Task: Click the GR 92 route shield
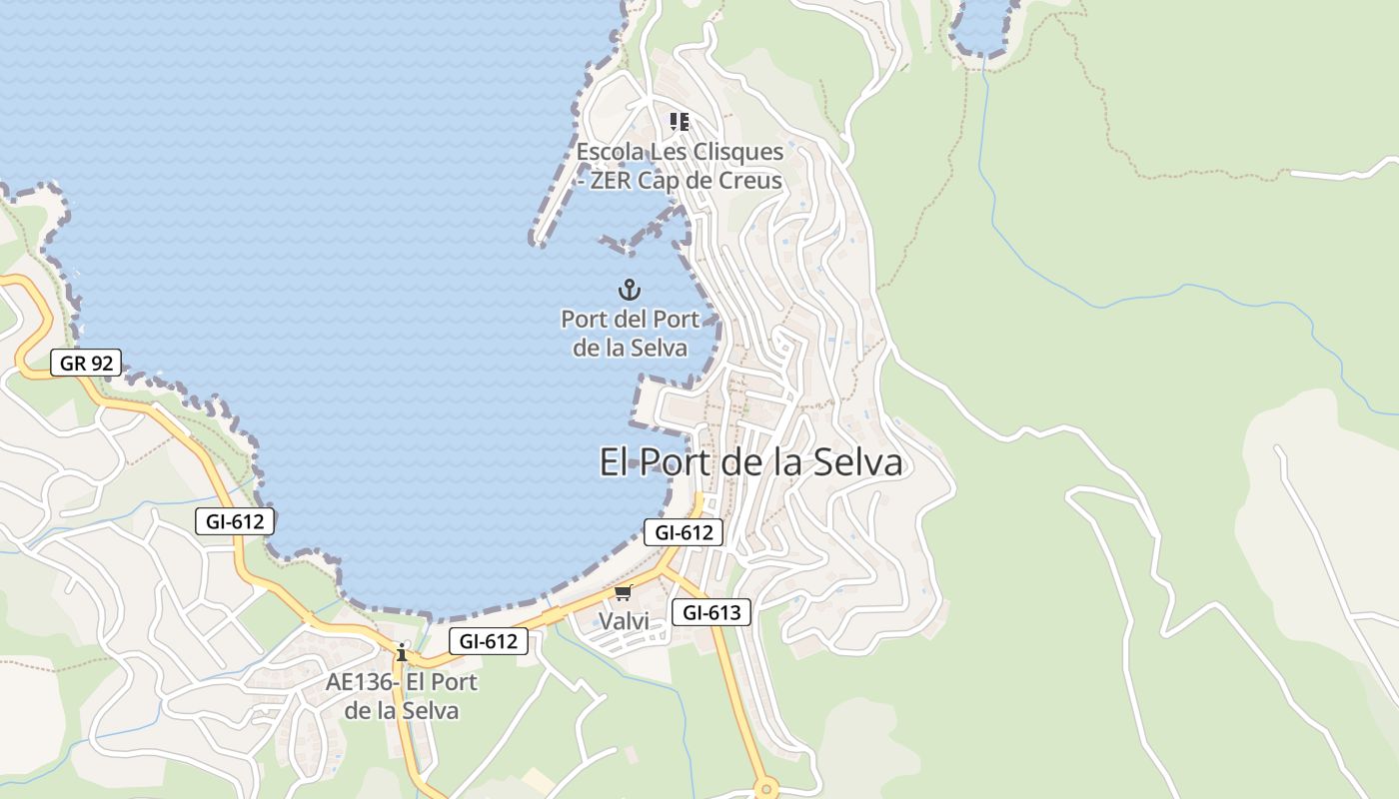(86, 364)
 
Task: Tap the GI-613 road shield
(710, 612)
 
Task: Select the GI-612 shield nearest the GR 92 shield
(235, 520)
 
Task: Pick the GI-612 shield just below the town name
(684, 532)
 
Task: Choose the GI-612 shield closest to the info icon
(488, 641)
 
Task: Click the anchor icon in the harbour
(629, 291)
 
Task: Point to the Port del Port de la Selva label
(630, 334)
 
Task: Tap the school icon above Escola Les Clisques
(680, 122)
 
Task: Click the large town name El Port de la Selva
(750, 462)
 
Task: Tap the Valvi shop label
(624, 621)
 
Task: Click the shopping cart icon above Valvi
(624, 593)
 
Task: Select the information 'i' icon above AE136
(402, 653)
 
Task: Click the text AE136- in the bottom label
(363, 682)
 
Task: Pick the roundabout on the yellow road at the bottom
(766, 788)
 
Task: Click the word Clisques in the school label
(738, 153)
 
